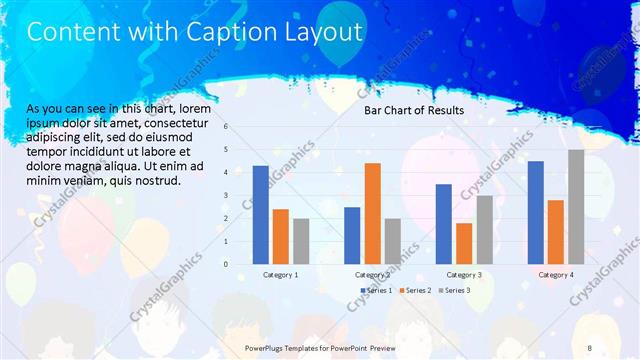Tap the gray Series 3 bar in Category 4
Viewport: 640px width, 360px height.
point(576,207)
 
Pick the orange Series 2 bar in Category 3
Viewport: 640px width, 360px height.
point(464,243)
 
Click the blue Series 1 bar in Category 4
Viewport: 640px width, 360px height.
point(536,212)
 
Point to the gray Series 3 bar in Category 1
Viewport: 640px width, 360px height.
point(301,241)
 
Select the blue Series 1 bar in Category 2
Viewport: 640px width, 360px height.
point(352,235)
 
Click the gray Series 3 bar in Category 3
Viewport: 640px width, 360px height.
point(484,229)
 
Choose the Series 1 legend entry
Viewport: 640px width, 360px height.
point(377,290)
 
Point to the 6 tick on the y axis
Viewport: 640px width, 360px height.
point(227,127)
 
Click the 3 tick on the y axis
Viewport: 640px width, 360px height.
point(227,195)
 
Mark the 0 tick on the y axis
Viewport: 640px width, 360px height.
point(227,264)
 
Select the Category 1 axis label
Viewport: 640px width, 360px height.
point(280,274)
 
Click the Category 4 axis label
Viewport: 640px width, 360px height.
point(556,274)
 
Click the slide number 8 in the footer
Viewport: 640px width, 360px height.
point(590,347)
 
